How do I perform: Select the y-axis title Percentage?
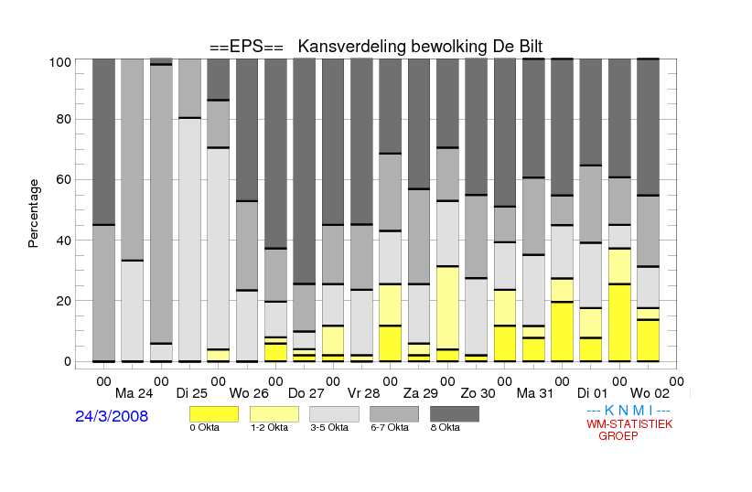pos(34,213)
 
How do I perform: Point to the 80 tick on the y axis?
pos(64,119)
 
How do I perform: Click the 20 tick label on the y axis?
pos(64,301)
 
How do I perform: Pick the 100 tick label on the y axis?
pos(60,62)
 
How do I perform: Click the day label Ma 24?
pos(133,394)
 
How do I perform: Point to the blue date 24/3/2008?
pos(112,416)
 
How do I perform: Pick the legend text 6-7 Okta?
pos(391,427)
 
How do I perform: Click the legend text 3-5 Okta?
pos(330,427)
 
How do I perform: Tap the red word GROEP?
pos(618,436)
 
